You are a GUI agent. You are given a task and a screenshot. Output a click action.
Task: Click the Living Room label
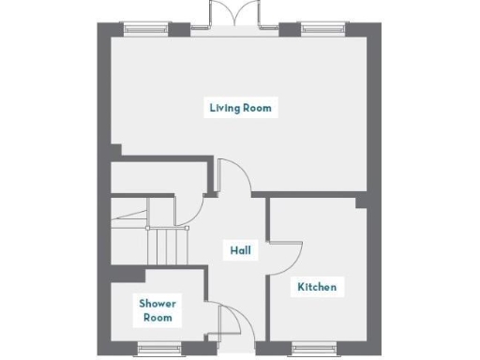point(241,108)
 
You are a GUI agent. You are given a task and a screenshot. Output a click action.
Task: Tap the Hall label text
point(241,250)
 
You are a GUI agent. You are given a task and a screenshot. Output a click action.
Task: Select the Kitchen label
point(317,286)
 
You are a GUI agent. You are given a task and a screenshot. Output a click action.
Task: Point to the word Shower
point(157,304)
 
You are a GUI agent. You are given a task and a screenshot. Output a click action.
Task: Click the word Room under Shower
point(157,318)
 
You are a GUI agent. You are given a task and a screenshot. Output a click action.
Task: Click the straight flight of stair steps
point(167,247)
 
